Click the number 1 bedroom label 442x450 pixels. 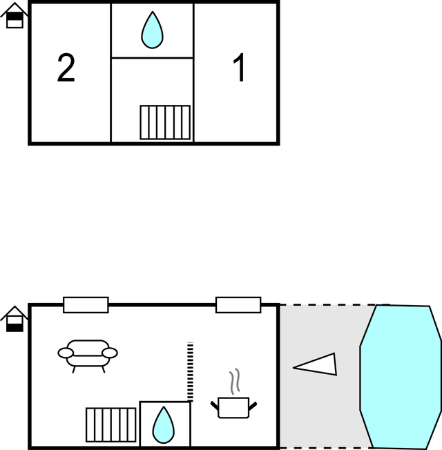pos(239,69)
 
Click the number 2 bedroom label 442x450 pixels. pos(66,69)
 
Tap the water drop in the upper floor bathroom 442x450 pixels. pos(152,30)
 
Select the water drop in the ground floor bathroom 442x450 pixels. pos(164,424)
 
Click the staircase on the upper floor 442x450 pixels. pos(165,122)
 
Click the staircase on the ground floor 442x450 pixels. pos(111,424)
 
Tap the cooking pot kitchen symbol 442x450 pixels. pos(233,407)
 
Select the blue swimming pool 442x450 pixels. pos(401,376)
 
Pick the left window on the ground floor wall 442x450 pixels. pos(86,304)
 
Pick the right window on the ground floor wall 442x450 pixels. pos(238,304)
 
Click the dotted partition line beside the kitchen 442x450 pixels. pos(190,371)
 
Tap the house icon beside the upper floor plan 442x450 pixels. pos(15,17)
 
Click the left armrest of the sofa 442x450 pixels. pos(66,353)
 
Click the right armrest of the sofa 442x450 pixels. pos(109,353)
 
